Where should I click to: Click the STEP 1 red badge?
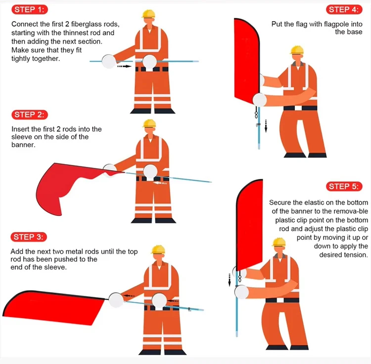30,9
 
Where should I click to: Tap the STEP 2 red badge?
30,114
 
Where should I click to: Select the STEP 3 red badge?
29,237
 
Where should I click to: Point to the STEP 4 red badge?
344,9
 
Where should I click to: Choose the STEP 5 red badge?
344,186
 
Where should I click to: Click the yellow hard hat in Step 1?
148,14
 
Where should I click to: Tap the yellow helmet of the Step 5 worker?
279,242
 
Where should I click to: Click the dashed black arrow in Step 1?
124,66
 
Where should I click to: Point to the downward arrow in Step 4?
266,126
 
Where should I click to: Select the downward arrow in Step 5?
229,280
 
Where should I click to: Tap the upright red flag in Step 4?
247,60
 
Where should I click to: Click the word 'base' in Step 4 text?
355,32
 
